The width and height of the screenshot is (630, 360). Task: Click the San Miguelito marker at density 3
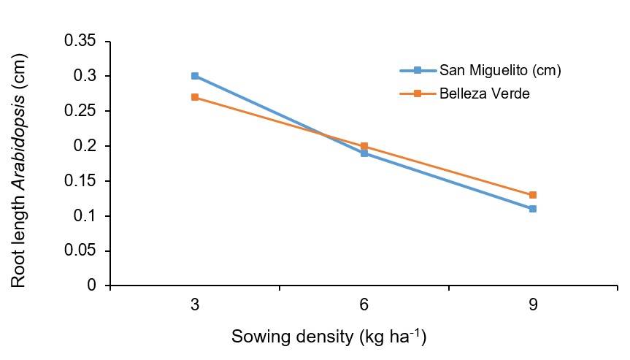195,76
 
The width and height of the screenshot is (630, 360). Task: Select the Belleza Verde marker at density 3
195,97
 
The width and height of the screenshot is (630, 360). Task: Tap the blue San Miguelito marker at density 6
364,153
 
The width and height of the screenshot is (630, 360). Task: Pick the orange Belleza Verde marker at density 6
364,146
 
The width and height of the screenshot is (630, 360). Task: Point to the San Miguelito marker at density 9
533,209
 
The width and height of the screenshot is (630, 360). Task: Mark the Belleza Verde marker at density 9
533,195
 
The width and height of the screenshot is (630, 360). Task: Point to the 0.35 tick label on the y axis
80,42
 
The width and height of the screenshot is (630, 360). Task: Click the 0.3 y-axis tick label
85,77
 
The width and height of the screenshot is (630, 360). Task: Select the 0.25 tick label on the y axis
80,111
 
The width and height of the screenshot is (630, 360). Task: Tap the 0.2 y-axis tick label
85,146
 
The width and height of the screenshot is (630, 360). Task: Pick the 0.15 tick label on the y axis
80,181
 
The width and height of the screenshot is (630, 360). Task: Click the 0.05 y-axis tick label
80,250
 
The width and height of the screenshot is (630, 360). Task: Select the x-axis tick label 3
195,305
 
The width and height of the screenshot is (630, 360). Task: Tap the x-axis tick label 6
364,305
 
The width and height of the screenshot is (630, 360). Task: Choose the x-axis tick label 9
533,305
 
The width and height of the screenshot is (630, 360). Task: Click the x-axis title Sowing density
329,337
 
